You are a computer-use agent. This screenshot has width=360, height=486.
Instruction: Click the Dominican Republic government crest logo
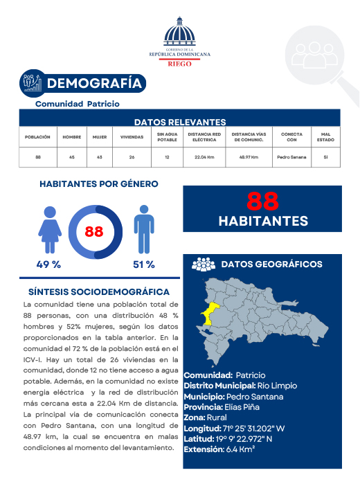pos(179,33)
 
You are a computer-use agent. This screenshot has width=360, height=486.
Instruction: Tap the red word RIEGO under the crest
pos(180,63)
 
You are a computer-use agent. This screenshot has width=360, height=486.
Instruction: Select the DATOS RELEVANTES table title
pos(179,121)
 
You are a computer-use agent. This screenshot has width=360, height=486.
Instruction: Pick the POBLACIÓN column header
pos(37,137)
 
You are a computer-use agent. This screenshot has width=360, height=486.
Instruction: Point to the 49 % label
pos(48,264)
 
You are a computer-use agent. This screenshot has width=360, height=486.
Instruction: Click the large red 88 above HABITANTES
pos(262,201)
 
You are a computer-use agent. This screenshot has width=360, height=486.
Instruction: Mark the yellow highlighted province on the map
pos(209,312)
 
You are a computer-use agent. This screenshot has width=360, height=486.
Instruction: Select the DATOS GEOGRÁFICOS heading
pos(271,264)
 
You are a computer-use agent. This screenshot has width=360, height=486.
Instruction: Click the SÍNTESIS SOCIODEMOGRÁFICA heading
pos(99,292)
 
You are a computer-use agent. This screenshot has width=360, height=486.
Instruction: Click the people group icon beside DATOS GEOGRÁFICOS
pos(203,264)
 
